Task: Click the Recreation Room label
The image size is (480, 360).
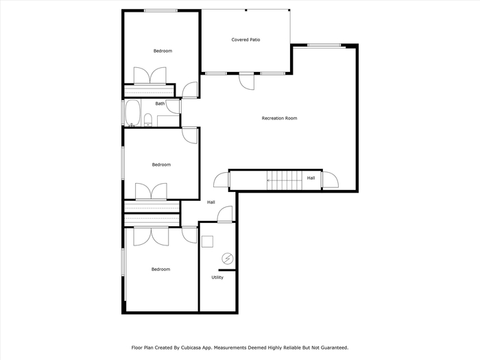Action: coord(279,118)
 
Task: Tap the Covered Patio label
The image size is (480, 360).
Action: coord(245,40)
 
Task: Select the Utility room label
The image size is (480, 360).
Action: coord(217,277)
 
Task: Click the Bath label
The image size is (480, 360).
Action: coord(160,104)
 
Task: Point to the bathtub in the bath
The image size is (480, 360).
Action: coord(132,112)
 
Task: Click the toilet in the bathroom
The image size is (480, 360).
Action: coord(148,120)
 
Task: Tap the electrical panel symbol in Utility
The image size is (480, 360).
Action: coord(228,259)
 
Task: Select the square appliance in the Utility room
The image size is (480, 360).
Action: coord(208,241)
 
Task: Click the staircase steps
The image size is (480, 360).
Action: coord(285,180)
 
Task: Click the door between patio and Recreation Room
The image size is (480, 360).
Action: coord(247,82)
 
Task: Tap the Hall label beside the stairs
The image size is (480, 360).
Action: coord(311,178)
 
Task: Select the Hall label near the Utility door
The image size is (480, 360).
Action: coord(211,202)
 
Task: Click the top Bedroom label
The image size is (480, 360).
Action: coord(163,51)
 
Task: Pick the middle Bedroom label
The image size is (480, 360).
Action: coord(161,165)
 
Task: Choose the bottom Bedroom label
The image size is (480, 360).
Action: coord(160,269)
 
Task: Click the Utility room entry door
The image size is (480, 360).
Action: coord(225,214)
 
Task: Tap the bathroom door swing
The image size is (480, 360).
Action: coord(173,106)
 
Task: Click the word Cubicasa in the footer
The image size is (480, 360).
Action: coord(191,348)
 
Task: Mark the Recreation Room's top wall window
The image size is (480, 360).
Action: coord(324,45)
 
